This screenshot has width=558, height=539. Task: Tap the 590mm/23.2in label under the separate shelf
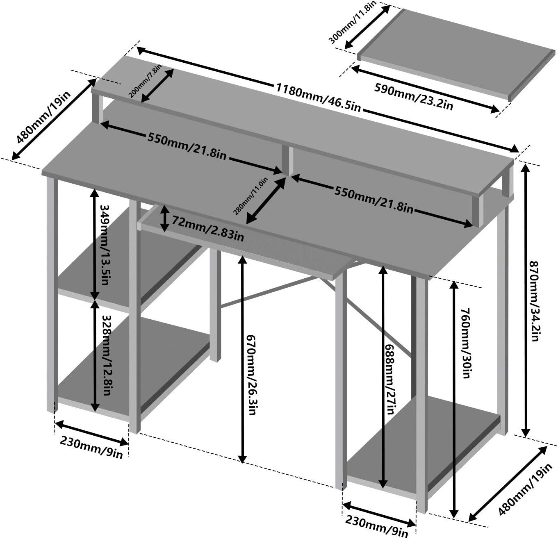tap(414, 96)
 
